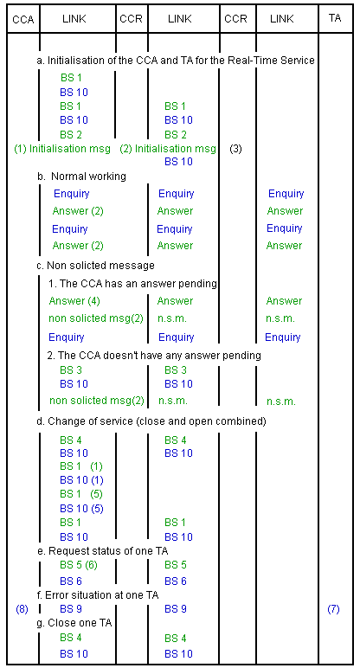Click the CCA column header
[23, 20]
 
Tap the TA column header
[335, 19]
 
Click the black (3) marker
[235, 149]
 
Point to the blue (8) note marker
[22, 609]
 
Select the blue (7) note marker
[333, 609]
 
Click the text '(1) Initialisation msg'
[62, 149]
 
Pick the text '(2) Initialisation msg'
[167, 149]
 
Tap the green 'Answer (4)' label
[74, 301]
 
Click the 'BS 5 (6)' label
[81, 565]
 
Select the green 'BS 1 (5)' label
[81, 494]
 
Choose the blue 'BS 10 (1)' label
[82, 480]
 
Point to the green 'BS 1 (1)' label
[81, 466]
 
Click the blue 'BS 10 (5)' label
[82, 508]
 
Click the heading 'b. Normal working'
[81, 177]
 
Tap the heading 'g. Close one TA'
[74, 623]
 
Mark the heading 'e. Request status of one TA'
[103, 551]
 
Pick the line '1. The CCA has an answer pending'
[132, 283]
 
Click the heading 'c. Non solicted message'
[96, 266]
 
